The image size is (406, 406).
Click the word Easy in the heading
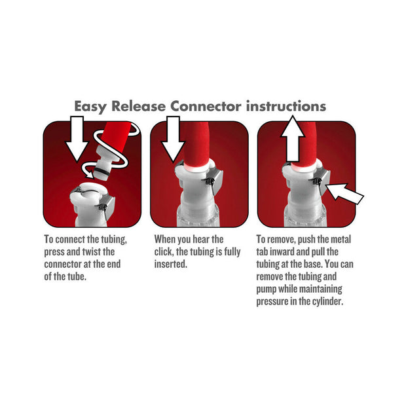point(94,105)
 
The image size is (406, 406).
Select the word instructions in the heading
point(286,105)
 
